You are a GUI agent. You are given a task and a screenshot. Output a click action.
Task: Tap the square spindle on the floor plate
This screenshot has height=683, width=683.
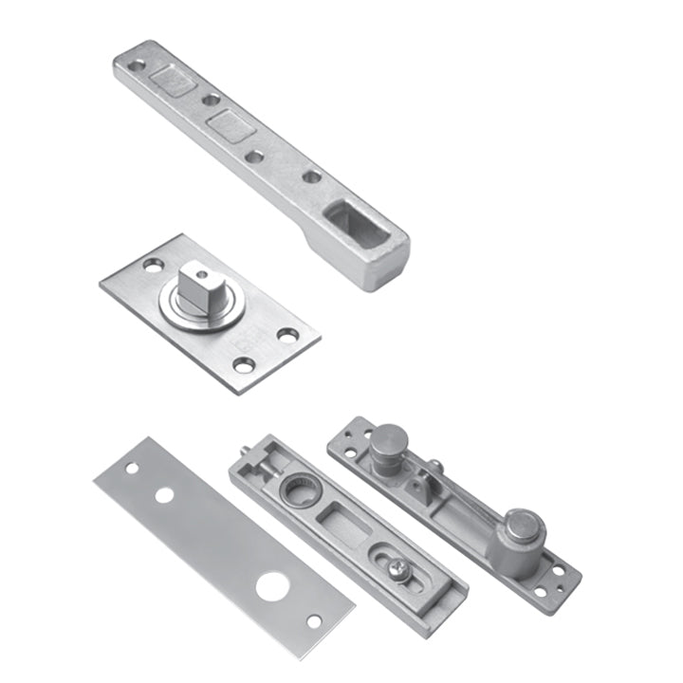coord(200,285)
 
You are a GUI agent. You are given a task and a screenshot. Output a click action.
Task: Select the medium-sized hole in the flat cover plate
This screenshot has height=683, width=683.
coord(164,494)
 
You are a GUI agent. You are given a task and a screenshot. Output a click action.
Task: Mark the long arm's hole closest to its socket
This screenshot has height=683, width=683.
coord(311,176)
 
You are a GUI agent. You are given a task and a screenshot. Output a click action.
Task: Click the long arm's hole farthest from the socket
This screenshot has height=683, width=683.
coord(137,66)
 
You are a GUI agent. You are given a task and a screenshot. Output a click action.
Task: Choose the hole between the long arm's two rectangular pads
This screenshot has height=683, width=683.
coord(211,100)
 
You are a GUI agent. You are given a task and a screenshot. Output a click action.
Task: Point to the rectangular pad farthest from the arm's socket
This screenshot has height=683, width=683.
coord(174,79)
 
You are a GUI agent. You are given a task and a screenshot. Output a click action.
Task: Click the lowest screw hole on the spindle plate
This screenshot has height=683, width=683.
coord(244,364)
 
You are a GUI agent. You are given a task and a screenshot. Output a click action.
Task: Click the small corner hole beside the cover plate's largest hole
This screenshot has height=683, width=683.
coord(313,621)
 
